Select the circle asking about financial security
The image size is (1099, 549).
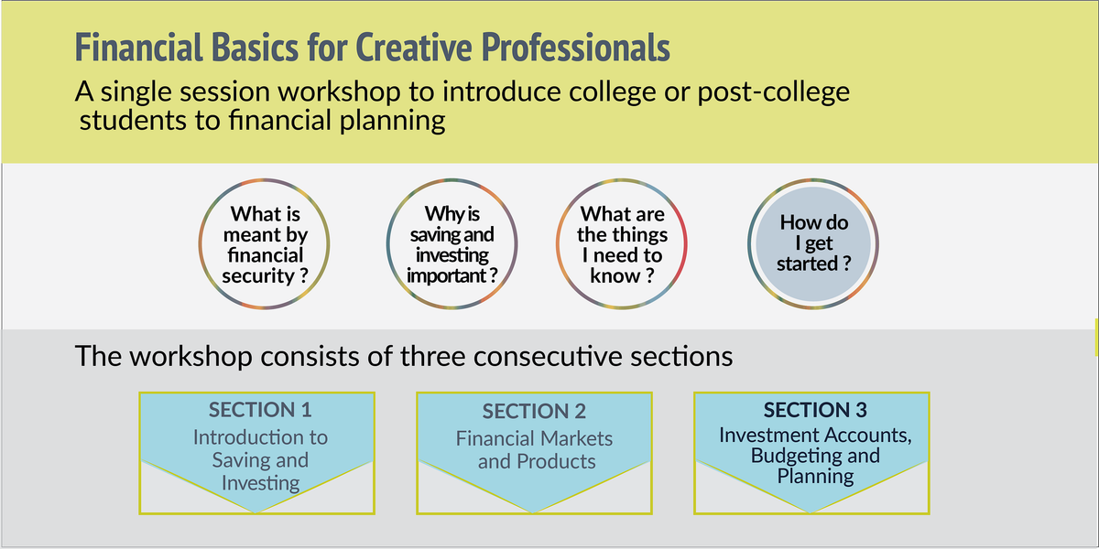tap(266, 245)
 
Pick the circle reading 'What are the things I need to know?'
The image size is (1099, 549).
tap(622, 245)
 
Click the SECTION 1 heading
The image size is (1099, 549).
tap(260, 410)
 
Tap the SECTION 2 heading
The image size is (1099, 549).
tap(534, 412)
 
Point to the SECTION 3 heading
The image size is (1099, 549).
tap(815, 410)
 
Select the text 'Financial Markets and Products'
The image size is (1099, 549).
tap(535, 450)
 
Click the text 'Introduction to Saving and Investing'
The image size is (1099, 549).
tap(260, 459)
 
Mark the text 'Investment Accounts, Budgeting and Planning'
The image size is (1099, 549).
tap(815, 456)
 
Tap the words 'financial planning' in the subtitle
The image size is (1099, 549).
tap(321, 121)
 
